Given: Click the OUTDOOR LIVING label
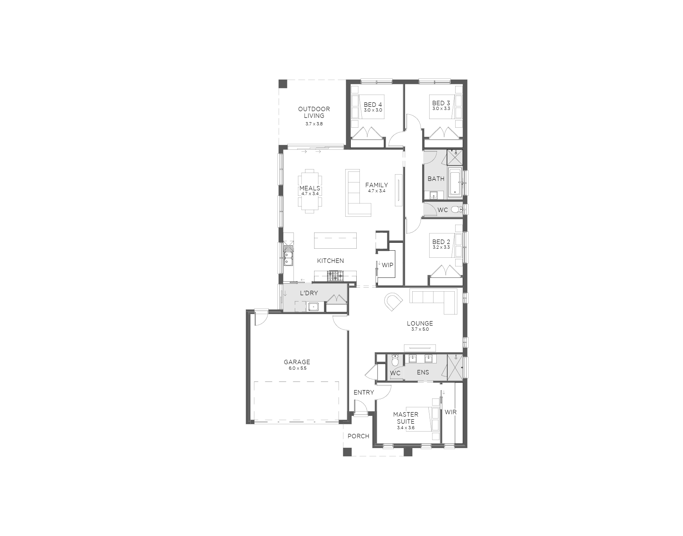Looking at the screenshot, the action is click(x=314, y=112).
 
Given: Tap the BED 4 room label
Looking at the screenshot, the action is click(x=373, y=104).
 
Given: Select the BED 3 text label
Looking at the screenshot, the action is click(x=441, y=103).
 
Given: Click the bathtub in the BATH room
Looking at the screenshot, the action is click(x=455, y=182).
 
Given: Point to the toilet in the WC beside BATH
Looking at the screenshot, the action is click(x=456, y=209).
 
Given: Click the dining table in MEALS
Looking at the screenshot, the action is click(x=310, y=191).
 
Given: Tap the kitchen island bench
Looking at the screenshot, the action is click(x=335, y=240).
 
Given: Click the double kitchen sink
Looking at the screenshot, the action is click(x=288, y=255).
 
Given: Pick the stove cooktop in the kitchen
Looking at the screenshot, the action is click(x=335, y=276).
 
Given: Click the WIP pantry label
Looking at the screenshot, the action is click(x=387, y=265).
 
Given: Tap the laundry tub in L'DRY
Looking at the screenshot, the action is click(x=314, y=306).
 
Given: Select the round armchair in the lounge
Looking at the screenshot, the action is click(x=393, y=302).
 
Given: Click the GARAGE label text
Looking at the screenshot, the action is click(x=297, y=362).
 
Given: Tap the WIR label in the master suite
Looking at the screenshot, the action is click(x=450, y=412).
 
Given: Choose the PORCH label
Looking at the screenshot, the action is click(x=359, y=436).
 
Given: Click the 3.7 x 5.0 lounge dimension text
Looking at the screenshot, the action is click(x=420, y=329).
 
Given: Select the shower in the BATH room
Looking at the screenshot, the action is click(x=454, y=157).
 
